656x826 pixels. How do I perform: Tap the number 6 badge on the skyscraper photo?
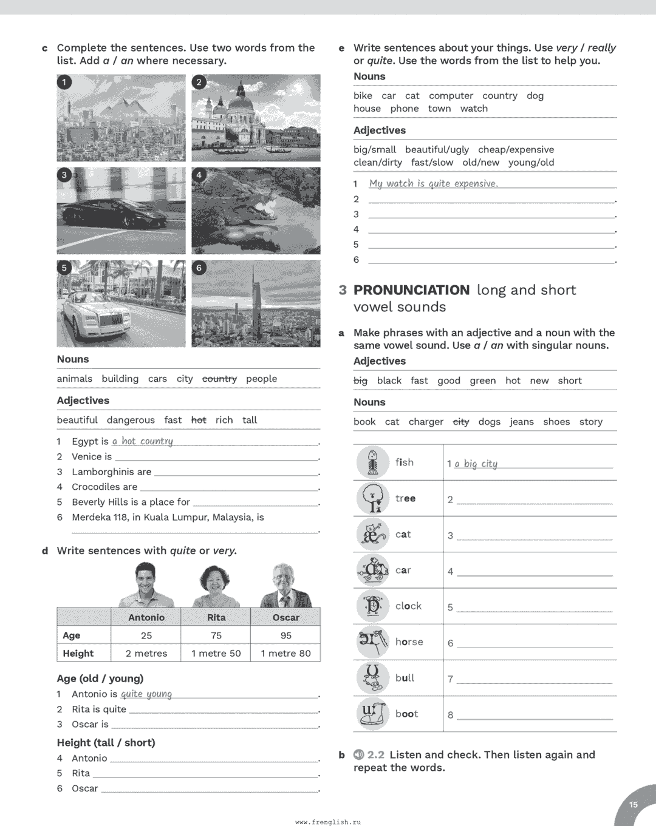pos(199,268)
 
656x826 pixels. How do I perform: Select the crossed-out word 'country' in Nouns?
pos(219,379)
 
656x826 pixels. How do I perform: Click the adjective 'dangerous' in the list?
pos(131,420)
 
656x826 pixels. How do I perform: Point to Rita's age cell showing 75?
pos(216,635)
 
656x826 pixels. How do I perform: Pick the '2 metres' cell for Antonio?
pos(146,653)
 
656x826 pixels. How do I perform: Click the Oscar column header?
pos(285,617)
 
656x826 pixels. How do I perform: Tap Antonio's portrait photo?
pos(146,584)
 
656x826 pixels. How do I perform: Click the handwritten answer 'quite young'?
pos(146,694)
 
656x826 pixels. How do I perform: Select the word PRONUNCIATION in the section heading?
pos(411,290)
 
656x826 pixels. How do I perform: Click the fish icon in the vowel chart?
pos(372,462)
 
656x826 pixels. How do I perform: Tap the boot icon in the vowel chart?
pos(372,714)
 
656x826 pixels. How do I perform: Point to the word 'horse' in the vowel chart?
pos(409,642)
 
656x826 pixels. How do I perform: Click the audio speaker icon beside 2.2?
pos(359,754)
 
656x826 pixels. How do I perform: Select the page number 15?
pos(634,805)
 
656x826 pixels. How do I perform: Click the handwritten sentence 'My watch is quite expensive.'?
pos(433,183)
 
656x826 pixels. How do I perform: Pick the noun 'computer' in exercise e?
pos(451,96)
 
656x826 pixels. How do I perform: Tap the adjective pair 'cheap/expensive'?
pos(516,150)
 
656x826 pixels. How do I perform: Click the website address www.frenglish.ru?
pos(328,822)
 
